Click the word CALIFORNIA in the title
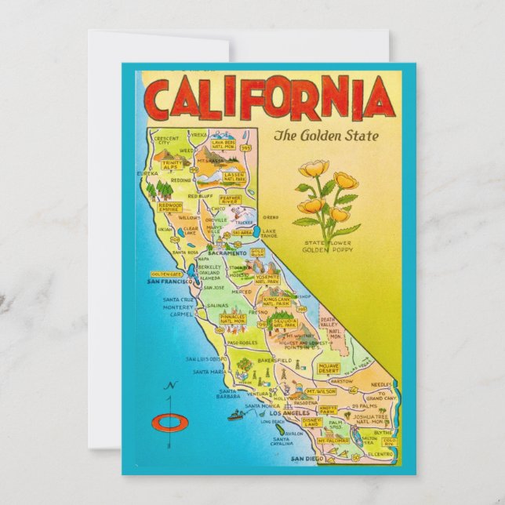(267, 98)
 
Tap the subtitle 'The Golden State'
(325, 136)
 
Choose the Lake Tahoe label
(269, 234)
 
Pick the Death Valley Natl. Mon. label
(328, 323)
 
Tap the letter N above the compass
(169, 386)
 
